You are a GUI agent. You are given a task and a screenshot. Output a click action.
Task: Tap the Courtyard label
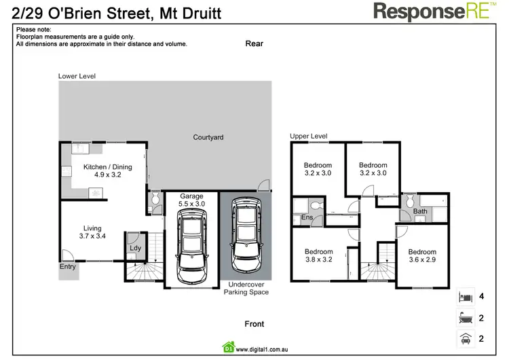208,137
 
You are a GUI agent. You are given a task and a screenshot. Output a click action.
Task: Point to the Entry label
68,267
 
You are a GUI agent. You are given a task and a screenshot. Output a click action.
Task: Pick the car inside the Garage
191,245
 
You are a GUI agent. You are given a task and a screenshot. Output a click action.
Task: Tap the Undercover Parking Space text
246,288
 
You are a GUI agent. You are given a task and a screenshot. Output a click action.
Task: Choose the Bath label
420,212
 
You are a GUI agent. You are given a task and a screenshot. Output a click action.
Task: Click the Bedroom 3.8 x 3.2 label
318,255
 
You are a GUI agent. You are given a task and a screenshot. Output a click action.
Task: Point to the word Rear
254,43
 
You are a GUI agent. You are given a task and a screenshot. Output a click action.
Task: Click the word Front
254,324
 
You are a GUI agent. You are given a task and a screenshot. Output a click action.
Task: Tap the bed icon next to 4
466,297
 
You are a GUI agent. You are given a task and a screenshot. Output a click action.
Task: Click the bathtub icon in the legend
466,317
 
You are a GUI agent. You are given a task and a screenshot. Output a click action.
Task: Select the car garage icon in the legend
466,338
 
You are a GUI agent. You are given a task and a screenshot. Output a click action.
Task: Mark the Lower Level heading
77,77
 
